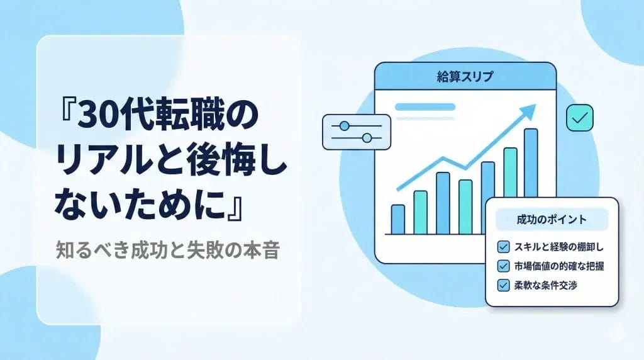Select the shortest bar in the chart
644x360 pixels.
397,219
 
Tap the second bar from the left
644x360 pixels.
420,212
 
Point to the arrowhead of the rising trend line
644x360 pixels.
530,111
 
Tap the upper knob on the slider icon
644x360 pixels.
344,126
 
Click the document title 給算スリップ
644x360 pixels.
465,77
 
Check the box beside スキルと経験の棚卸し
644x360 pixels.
503,246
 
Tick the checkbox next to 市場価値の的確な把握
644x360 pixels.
503,266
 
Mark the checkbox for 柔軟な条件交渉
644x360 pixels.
503,285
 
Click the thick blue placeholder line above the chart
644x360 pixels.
425,106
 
